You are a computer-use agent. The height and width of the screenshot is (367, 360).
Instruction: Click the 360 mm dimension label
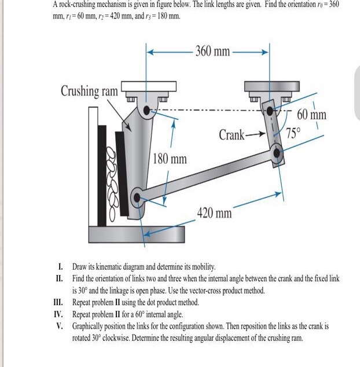click(213, 52)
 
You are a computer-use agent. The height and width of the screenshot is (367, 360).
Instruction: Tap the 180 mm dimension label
click(170, 159)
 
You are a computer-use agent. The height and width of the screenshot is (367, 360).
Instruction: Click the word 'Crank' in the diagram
click(232, 135)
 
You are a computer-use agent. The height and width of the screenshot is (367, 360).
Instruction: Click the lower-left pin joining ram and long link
click(137, 197)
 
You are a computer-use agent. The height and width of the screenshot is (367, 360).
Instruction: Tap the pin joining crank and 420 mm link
click(279, 153)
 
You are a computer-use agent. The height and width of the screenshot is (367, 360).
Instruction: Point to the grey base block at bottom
click(137, 234)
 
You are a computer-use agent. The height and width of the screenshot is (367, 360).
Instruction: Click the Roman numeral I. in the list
click(60, 266)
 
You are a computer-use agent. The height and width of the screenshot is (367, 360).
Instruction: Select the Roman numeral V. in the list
click(60, 326)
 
